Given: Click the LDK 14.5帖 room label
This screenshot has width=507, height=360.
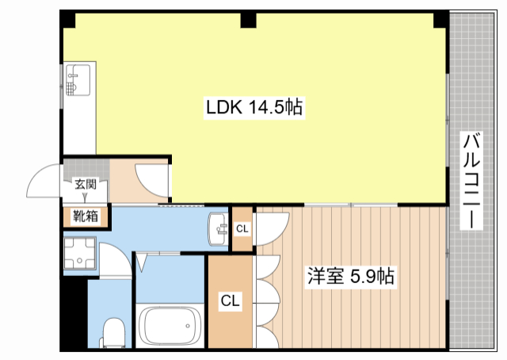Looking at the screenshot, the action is tap(254, 107).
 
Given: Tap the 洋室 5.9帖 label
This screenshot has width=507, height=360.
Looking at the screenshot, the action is tap(351, 276).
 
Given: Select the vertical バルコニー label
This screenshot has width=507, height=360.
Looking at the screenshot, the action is tap(471, 181).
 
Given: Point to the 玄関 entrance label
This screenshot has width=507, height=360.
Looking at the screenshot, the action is tap(86, 184).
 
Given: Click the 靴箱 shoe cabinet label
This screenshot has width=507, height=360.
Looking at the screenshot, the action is tap(86, 216).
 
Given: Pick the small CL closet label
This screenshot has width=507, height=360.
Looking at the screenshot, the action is tap(242, 229).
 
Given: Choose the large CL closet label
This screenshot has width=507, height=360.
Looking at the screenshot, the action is tap(231, 301).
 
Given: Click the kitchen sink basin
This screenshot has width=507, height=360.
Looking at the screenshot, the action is tap(78, 80).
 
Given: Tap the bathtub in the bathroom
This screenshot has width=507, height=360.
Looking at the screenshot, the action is tap(170, 326).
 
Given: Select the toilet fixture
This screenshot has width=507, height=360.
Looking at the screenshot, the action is tap(113, 333).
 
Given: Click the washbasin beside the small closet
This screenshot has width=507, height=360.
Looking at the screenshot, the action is tap(219, 229).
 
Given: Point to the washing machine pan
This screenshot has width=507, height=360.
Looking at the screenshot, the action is tap(80, 254).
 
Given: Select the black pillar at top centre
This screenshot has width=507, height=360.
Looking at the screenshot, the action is tap(248, 20).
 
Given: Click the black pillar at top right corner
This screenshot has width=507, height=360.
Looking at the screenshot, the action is tap(440, 19).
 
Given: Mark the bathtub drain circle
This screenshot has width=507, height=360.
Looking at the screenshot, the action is tap(188, 326).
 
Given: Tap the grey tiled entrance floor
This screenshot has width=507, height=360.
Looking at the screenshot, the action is tap(86, 168).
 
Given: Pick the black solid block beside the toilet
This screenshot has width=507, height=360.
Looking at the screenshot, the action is tap(74, 312).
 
